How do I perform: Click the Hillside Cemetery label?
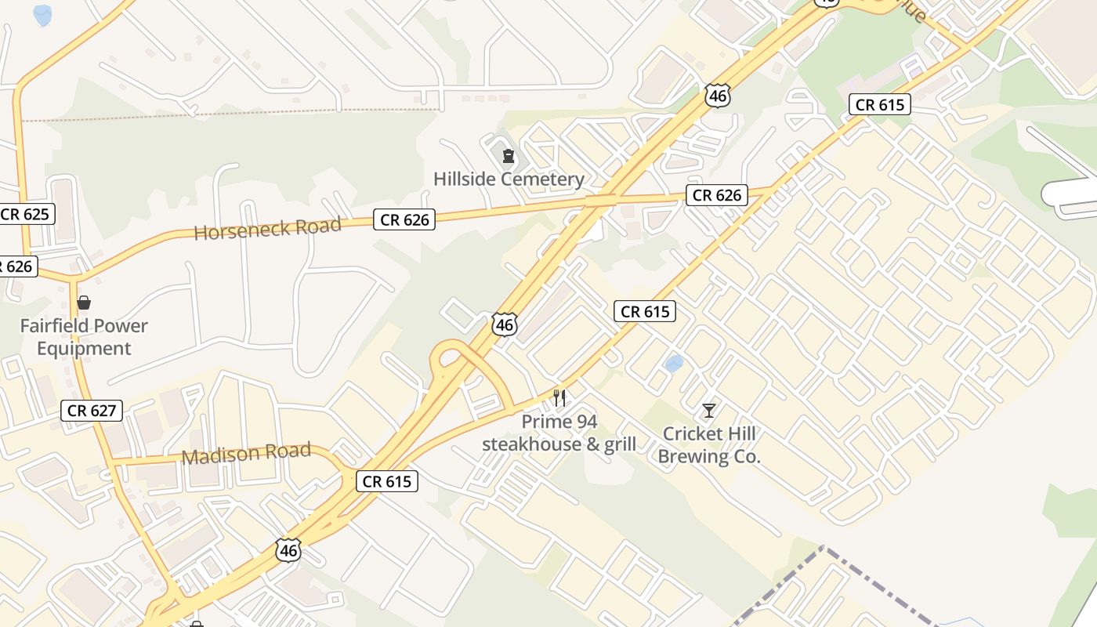tap(509, 179)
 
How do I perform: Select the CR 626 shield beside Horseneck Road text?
tap(404, 220)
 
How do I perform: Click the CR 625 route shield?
tap(25, 214)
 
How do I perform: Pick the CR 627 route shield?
tap(92, 410)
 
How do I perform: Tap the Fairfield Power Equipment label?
tap(84, 337)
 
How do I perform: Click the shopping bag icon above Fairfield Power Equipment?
tap(84, 303)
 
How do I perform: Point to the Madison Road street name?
tap(246, 454)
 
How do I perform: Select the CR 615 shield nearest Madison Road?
tap(387, 481)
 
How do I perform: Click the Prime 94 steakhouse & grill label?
tap(559, 433)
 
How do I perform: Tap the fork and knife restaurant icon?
tap(559, 398)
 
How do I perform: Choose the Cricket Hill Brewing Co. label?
tap(709, 445)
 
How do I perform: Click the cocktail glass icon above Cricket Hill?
tap(709, 410)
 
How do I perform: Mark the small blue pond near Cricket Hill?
tap(673, 364)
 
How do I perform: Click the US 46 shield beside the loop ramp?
tap(505, 324)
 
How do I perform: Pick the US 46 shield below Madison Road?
tap(288, 550)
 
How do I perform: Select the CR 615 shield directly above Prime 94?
tap(644, 312)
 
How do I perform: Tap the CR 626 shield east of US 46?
tap(717, 195)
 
